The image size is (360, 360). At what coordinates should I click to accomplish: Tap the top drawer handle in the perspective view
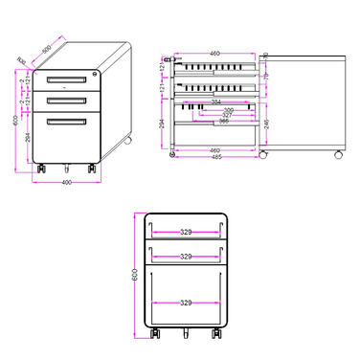[x=66, y=79]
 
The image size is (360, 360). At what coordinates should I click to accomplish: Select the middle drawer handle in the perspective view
[x=66, y=100]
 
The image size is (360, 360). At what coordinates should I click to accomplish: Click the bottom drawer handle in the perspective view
[x=66, y=121]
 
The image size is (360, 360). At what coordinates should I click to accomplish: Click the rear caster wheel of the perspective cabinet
[x=127, y=144]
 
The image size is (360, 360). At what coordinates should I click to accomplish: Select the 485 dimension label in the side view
[x=216, y=156]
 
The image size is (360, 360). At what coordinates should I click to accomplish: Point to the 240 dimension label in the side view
[x=266, y=123]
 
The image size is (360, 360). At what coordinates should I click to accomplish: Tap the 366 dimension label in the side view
[x=222, y=122]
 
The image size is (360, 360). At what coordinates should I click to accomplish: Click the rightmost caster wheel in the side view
[x=336, y=154]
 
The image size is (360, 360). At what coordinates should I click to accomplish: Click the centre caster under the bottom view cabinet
[x=185, y=335]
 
